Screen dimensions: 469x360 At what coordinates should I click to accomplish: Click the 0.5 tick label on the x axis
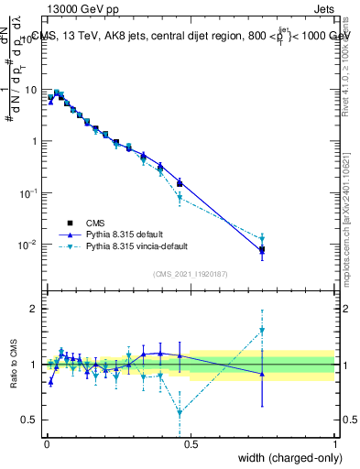click(x=191, y=443)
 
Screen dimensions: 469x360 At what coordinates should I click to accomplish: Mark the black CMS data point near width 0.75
click(x=262, y=249)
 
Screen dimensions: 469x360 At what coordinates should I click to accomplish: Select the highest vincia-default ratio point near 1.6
click(x=262, y=331)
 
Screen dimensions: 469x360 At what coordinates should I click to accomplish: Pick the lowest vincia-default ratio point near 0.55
click(x=180, y=412)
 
